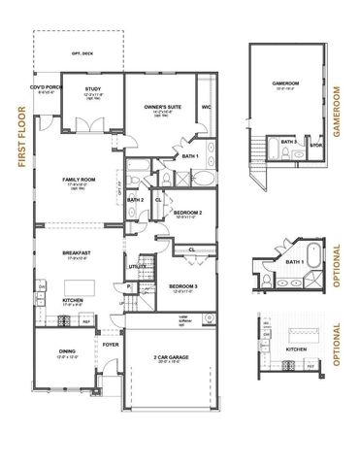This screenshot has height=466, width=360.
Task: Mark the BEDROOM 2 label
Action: pos(186,211)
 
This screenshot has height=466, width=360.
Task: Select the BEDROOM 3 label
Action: pos(184,287)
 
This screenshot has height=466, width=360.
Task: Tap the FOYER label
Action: pos(112,343)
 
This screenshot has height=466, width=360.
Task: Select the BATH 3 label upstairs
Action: pos(287,142)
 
